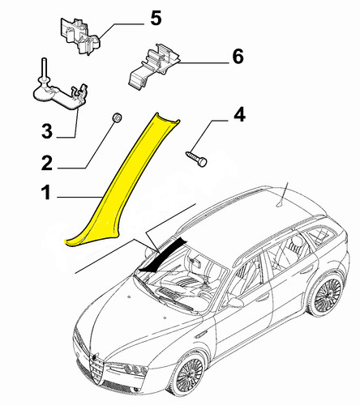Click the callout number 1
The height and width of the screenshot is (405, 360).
(x=46, y=192)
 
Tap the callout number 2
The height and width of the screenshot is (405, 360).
(x=47, y=163)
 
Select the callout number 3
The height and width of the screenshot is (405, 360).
(x=47, y=131)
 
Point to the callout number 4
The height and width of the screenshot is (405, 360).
(x=239, y=114)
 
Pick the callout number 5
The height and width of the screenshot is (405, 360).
(x=156, y=18)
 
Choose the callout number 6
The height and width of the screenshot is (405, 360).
(x=238, y=57)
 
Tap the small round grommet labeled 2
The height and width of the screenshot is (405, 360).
(x=118, y=118)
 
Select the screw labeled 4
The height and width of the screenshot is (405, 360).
(x=196, y=158)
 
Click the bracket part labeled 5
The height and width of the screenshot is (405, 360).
(x=79, y=35)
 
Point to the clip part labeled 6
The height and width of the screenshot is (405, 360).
(x=153, y=66)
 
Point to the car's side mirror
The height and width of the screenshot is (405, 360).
(x=235, y=303)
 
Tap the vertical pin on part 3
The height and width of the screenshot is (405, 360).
(x=43, y=68)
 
